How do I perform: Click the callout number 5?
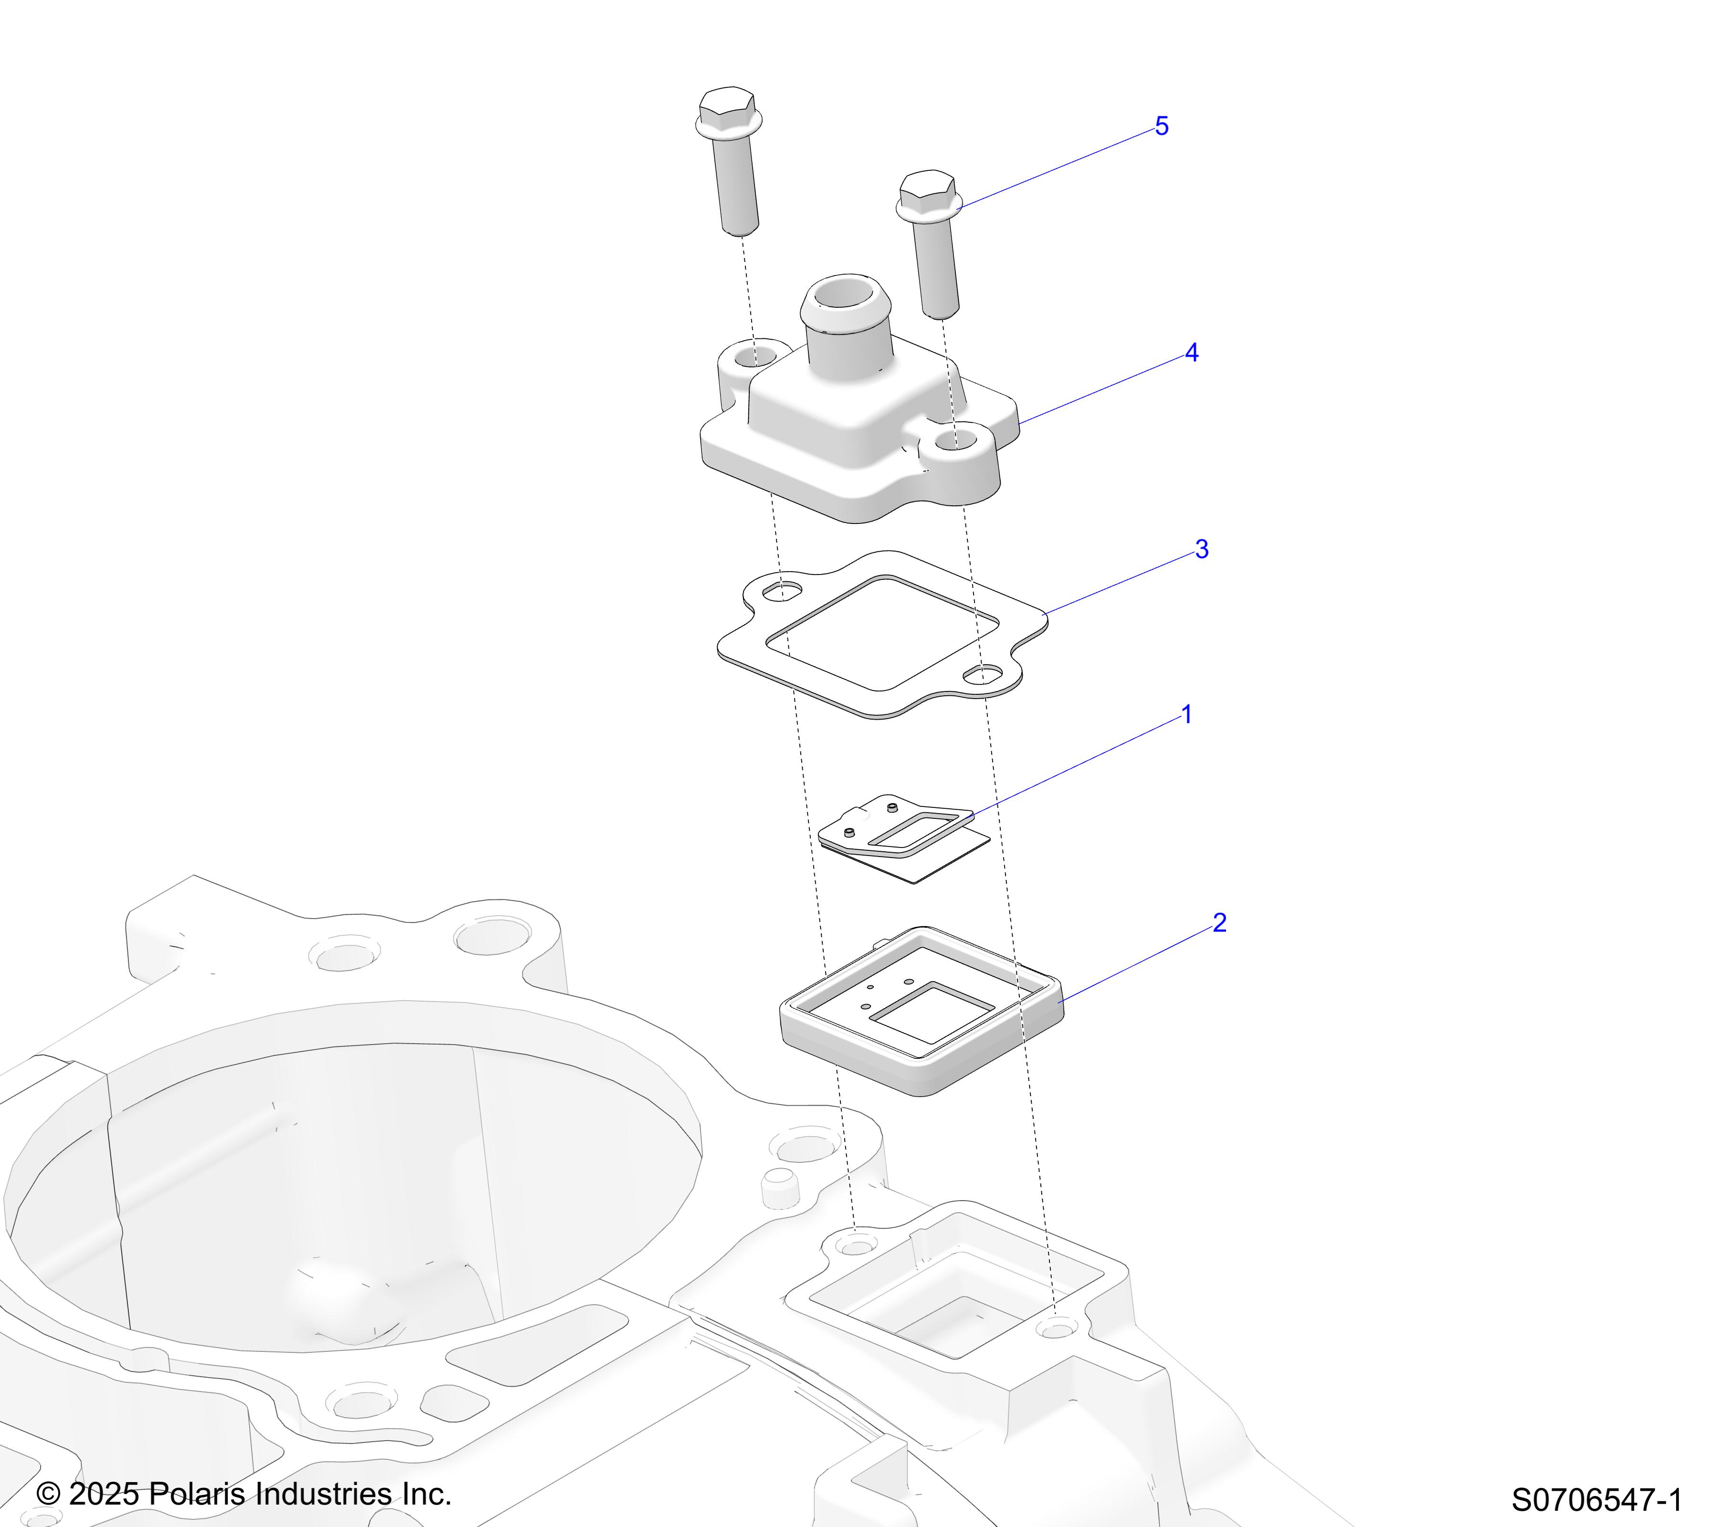[1162, 126]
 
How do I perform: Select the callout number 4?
[1192, 353]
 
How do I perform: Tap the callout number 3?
[1202, 550]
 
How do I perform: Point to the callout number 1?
[1187, 715]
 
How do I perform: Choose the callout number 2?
[1220, 923]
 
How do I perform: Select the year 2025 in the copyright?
[104, 1494]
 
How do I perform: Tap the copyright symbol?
[49, 1494]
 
